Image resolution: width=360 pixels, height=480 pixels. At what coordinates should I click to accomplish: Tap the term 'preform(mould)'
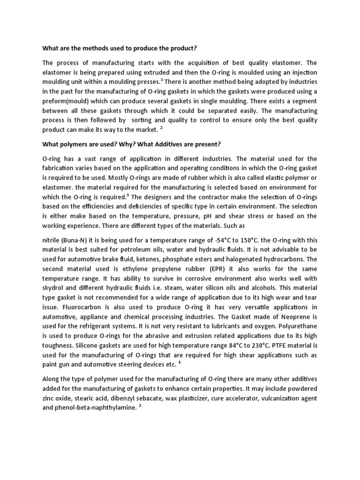tap(65, 101)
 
